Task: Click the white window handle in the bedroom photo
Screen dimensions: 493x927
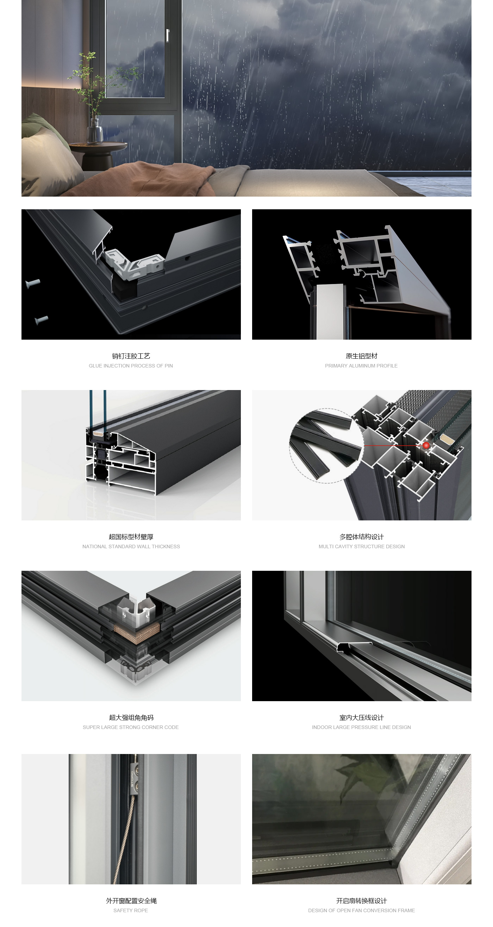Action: [x=167, y=35]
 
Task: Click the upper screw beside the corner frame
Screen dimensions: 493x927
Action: [x=33, y=284]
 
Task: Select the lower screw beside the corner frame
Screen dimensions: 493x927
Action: [x=41, y=320]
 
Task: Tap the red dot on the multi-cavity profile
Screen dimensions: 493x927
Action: [x=426, y=445]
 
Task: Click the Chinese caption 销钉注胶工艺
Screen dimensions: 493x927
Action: [x=131, y=356]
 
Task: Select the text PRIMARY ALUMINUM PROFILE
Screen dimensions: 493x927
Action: [x=361, y=366]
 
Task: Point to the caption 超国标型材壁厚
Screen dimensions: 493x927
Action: [x=131, y=537]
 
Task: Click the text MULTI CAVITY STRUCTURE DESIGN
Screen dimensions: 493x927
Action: [x=361, y=546]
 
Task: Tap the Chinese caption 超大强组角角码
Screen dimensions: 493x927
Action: [x=131, y=717]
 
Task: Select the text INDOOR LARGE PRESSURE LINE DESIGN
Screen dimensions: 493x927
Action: [x=361, y=727]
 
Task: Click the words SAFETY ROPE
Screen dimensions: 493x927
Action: [x=131, y=910]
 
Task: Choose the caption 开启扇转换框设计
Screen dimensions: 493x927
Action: [x=361, y=900]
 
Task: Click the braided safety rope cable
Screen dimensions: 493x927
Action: [x=126, y=839]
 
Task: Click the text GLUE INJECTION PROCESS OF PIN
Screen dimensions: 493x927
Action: [x=131, y=366]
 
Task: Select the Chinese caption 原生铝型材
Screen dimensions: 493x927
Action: [x=361, y=356]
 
